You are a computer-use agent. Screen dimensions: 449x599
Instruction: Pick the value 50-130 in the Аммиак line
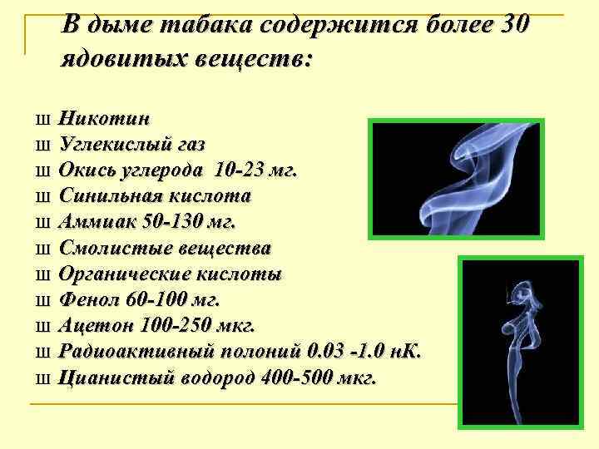170,222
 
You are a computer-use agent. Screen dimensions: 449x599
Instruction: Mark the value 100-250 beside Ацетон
170,325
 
